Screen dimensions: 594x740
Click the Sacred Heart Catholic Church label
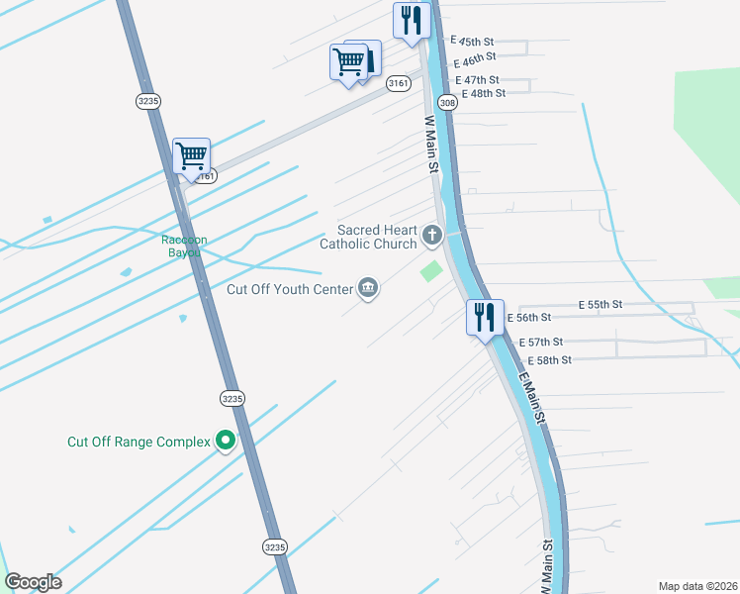(x=368, y=237)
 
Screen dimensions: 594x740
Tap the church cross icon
(x=431, y=236)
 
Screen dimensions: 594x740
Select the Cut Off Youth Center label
(x=289, y=289)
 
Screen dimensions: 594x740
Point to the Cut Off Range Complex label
(x=139, y=442)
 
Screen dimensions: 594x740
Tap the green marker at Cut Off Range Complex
(x=226, y=441)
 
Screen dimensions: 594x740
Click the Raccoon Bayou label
(x=182, y=246)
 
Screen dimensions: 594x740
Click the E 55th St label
(x=601, y=304)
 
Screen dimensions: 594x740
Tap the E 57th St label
(x=546, y=342)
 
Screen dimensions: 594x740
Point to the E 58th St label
(x=549, y=359)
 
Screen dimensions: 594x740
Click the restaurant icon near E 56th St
(x=485, y=318)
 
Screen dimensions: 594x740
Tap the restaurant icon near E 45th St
(x=410, y=21)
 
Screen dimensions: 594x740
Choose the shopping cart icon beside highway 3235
(x=191, y=155)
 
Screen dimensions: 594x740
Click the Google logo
(x=33, y=582)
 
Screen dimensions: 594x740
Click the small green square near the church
(x=431, y=270)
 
